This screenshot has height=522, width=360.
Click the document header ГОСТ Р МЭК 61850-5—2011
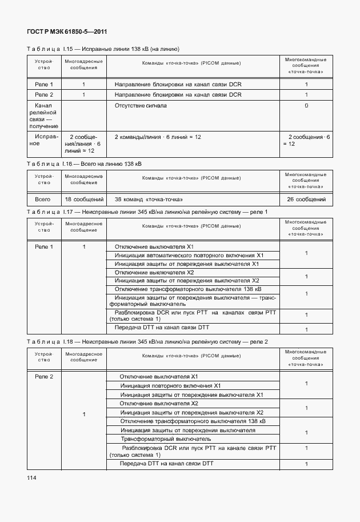67,32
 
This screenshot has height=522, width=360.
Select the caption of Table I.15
103,49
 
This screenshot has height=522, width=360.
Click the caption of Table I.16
84,164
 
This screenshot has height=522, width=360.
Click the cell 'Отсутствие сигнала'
141,106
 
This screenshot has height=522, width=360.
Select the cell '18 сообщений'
84,200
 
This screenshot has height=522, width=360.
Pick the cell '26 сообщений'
306,200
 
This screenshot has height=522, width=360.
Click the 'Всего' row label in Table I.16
43,200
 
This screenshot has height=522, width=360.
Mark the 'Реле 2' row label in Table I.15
43,94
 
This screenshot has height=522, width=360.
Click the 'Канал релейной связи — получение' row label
43,116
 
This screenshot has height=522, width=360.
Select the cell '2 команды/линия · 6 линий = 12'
158,137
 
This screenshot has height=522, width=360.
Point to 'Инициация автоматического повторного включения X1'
189,255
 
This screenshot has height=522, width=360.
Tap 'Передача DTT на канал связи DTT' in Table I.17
162,328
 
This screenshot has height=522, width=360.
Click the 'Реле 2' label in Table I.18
43,376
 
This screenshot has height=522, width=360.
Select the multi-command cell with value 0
306,106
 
